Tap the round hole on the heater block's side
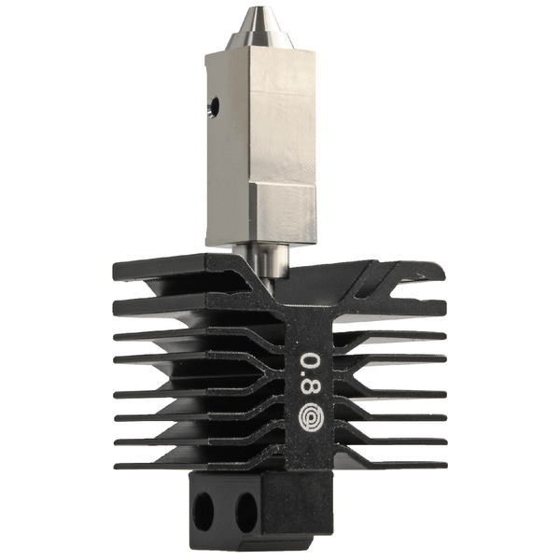point(214,107)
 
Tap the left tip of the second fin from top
point(116,303)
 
